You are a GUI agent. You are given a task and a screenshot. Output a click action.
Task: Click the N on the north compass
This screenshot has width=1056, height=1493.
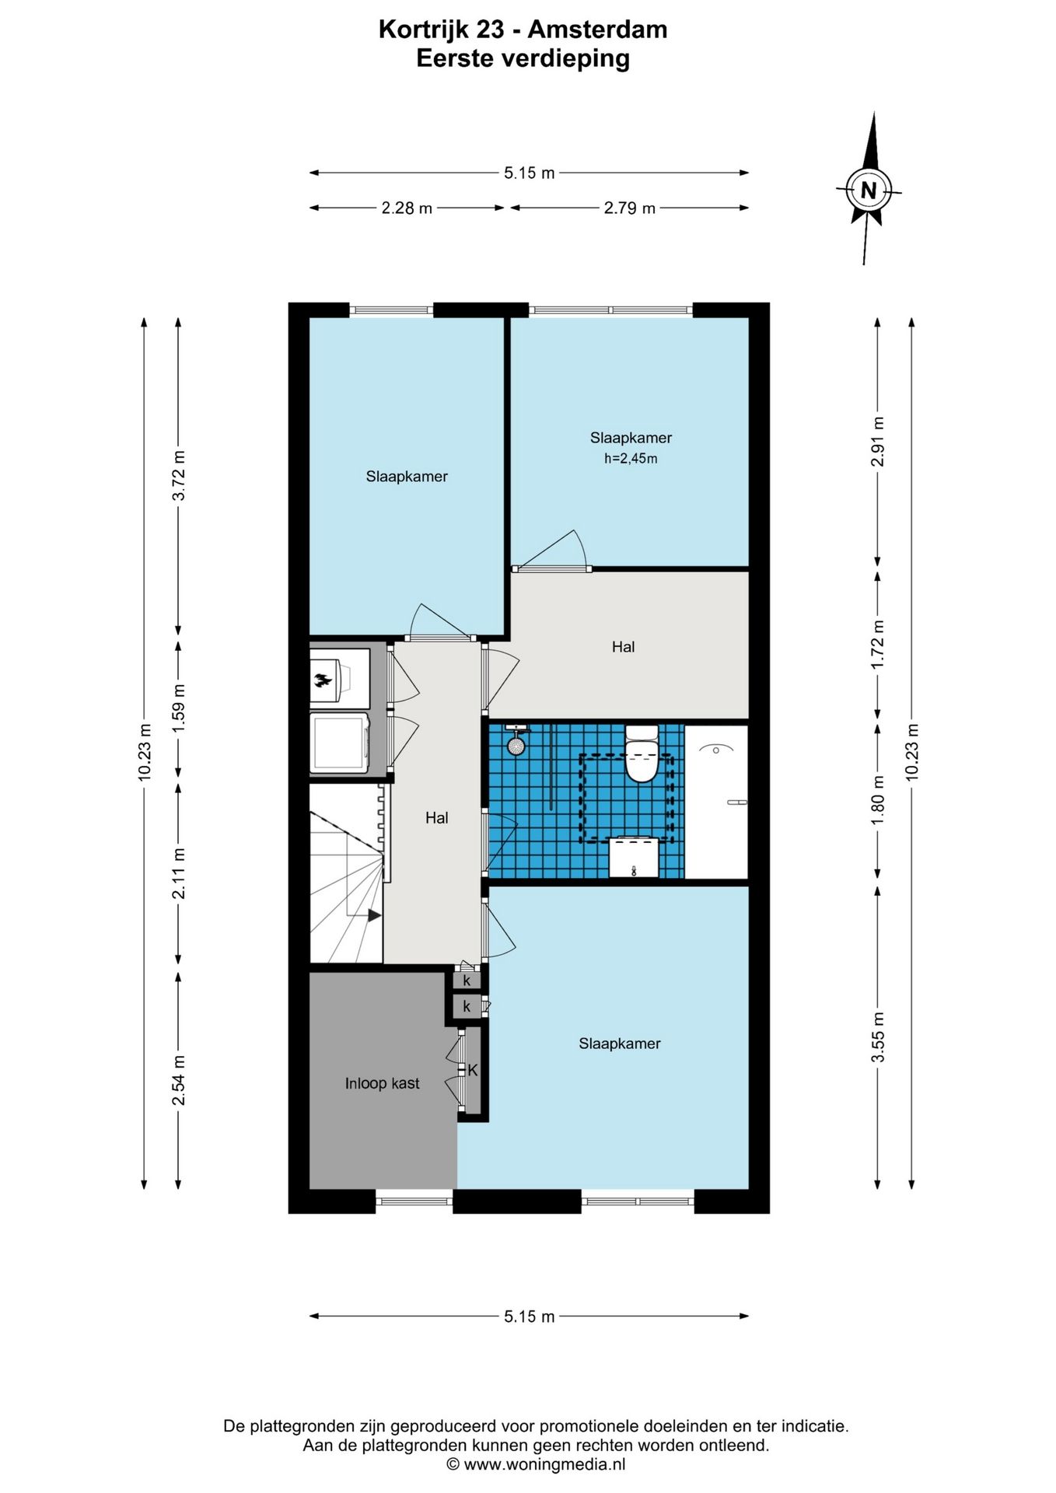[869, 190]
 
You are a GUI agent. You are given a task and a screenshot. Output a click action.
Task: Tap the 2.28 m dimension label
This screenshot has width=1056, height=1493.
[407, 208]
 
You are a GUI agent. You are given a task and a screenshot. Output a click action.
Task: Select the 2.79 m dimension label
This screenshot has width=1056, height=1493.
[630, 208]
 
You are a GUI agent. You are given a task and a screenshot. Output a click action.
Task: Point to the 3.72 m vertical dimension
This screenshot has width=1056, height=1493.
[179, 476]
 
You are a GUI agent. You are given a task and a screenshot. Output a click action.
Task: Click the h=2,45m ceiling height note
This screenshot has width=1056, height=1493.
[631, 459]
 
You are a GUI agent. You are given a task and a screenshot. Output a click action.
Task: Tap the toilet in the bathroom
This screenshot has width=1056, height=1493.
[642, 753]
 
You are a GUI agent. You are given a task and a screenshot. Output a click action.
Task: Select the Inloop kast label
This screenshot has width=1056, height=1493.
[382, 1083]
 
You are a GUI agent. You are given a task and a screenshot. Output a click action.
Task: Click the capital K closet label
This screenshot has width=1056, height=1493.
[472, 1071]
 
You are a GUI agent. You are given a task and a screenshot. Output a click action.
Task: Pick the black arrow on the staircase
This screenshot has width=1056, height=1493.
[374, 915]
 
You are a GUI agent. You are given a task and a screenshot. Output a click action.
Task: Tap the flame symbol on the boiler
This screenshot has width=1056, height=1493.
[322, 680]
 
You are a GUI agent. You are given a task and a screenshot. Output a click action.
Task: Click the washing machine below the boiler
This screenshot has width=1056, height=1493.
[340, 743]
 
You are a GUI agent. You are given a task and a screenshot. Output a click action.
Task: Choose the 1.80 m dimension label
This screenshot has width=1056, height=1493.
[878, 801]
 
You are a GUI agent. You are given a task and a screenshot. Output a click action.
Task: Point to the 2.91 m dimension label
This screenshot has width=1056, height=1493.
[878, 442]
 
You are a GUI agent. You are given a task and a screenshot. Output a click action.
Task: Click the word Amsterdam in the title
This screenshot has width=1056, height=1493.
[597, 30]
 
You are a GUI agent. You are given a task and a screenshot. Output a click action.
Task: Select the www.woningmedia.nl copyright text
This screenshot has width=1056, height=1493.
[536, 1465]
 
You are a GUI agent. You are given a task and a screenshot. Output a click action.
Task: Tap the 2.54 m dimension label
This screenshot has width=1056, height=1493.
[179, 1080]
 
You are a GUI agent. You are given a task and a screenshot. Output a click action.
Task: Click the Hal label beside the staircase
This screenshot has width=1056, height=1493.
[437, 817]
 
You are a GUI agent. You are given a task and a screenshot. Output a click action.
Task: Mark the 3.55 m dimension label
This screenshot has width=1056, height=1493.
[878, 1037]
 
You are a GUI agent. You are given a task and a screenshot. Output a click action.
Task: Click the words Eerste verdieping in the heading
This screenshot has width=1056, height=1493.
[523, 59]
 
